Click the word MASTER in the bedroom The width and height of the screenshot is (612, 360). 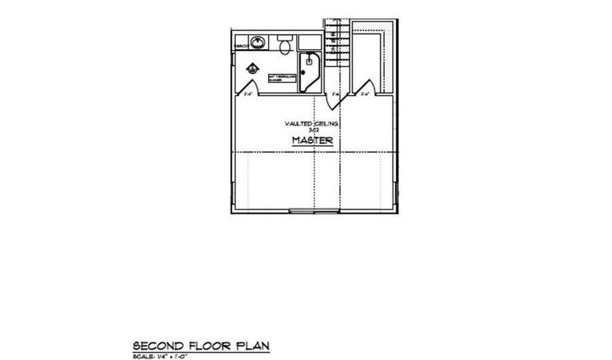[313, 141]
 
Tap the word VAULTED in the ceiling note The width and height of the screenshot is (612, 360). [296, 123]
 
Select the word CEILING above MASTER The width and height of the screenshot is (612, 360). [326, 123]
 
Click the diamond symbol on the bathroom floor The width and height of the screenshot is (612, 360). [252, 67]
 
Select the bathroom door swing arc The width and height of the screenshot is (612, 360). [245, 86]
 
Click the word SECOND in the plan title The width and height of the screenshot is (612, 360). [154, 346]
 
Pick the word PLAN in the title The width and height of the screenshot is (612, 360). [252, 346]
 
